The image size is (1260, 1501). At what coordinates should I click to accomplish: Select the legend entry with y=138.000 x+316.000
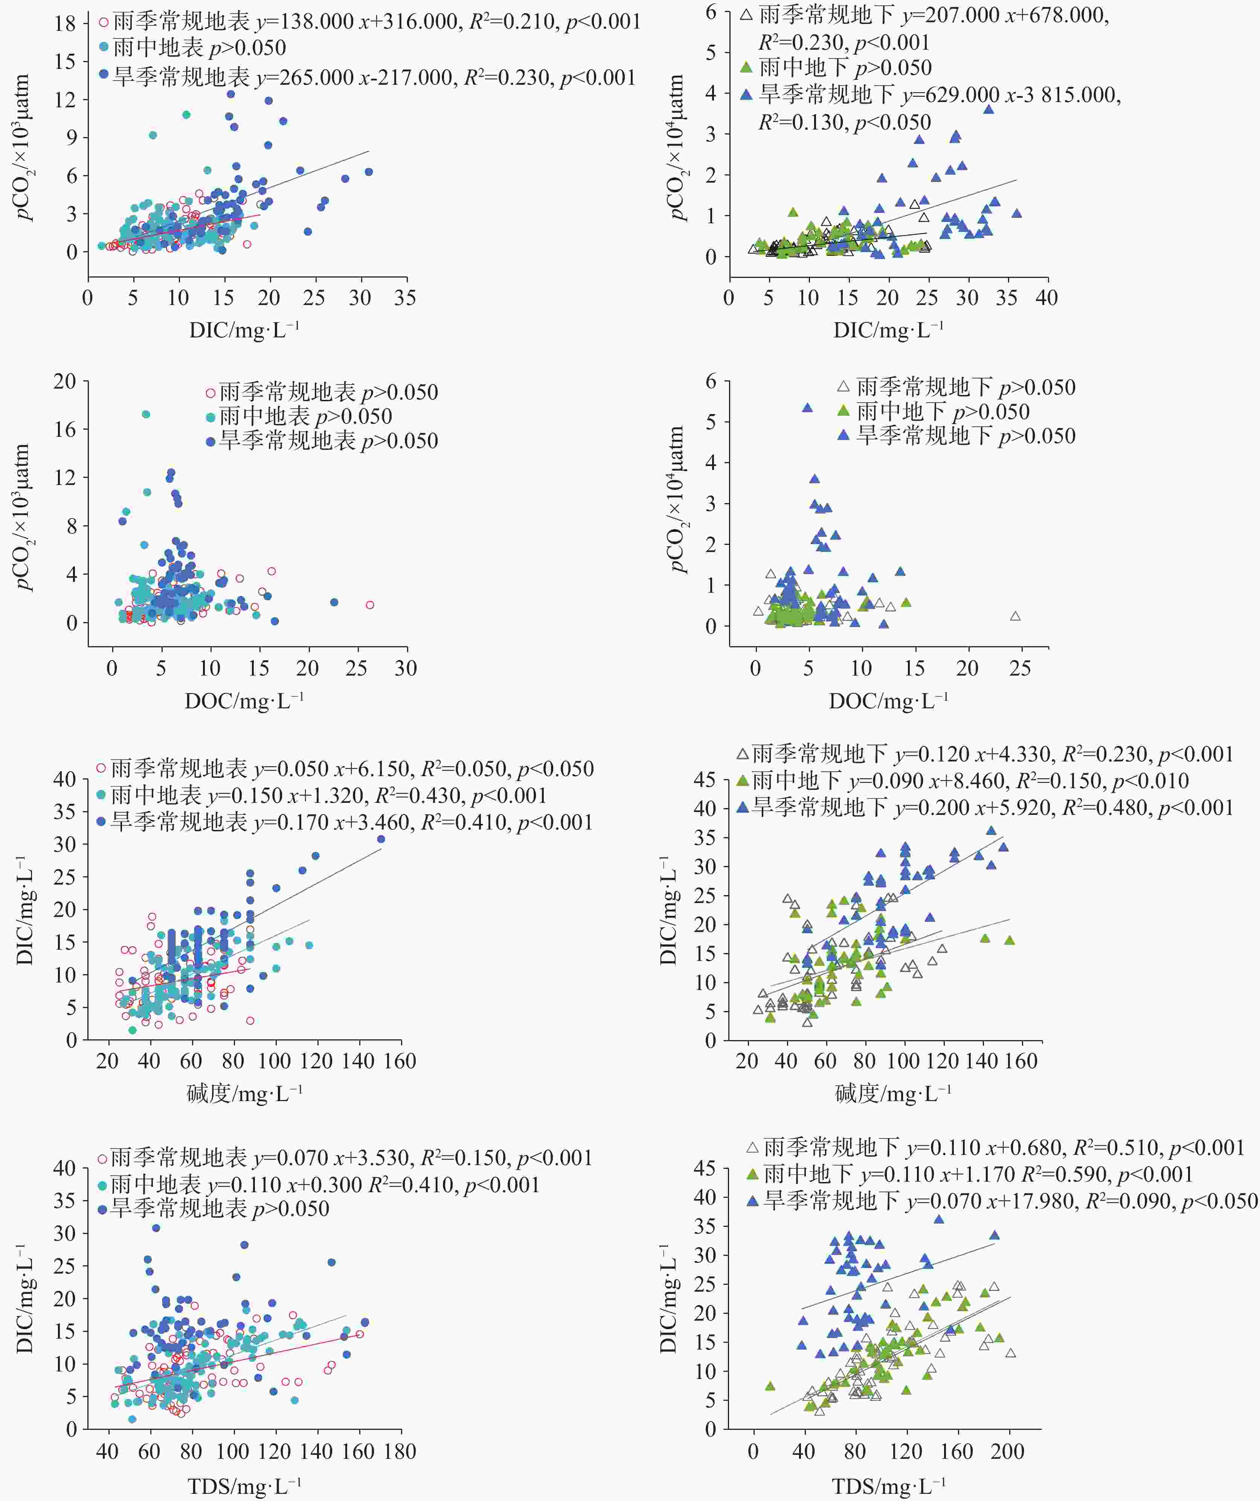pos(372,21)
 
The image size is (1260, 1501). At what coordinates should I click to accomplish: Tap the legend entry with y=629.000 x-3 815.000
pos(929,95)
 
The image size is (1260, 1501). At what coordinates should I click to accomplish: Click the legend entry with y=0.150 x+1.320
pos(322,796)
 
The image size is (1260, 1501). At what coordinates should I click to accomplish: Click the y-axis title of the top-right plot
pos(676,146)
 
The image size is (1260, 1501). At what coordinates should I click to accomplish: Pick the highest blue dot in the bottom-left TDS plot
pos(156,1228)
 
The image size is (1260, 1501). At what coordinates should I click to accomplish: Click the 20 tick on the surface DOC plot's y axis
pos(64,382)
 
